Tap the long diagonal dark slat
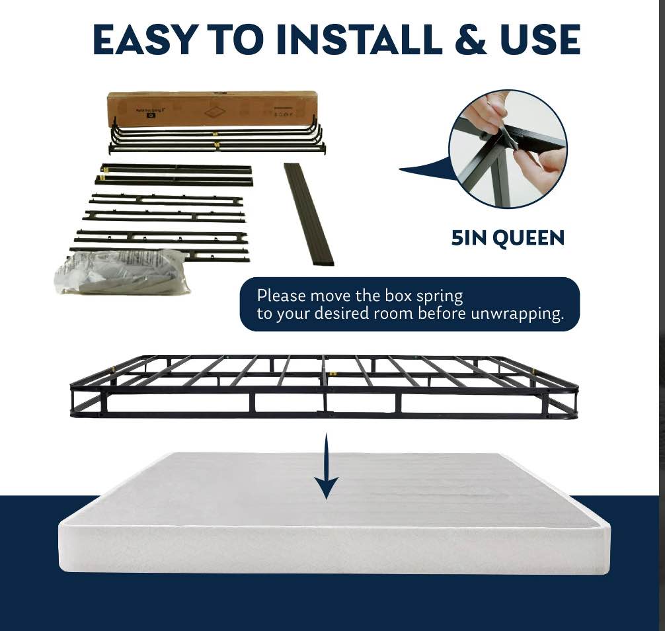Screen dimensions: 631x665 pos(309,214)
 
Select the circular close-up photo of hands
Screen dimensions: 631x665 pos(508,148)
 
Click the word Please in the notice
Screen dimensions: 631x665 pos(282,295)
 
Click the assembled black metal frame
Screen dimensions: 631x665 pos(324,387)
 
